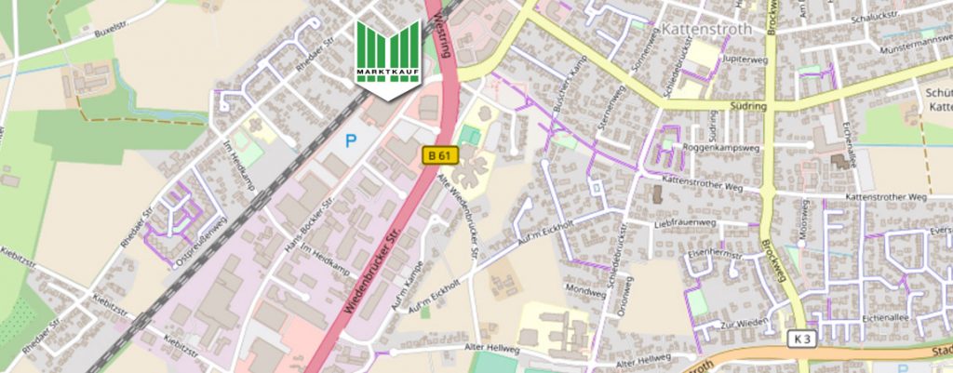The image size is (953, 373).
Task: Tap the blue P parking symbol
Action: coord(351,141)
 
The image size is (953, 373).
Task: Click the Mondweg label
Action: coord(585,290)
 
